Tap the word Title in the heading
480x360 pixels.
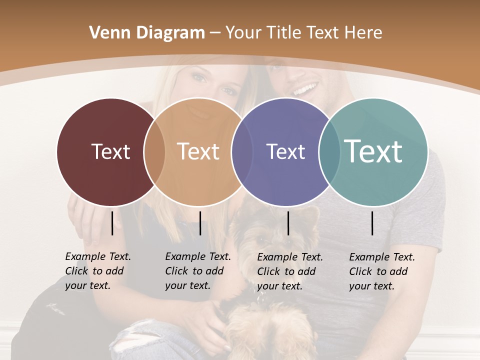click(x=284, y=33)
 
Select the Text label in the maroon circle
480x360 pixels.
click(x=110, y=151)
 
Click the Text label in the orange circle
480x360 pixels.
click(x=198, y=151)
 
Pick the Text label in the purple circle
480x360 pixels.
click(x=285, y=151)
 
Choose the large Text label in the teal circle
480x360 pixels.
click(x=373, y=151)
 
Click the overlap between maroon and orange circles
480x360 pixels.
click(x=154, y=152)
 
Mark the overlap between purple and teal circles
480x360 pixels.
click(x=329, y=152)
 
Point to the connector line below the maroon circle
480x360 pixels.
click(x=112, y=223)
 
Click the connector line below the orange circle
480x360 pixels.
click(x=200, y=223)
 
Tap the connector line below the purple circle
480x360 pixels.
click(x=288, y=223)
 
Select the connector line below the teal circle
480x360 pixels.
click(x=372, y=223)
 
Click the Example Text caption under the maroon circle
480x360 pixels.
click(x=98, y=271)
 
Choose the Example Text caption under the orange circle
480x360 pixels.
click(x=198, y=271)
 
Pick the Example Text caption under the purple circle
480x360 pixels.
click(x=290, y=271)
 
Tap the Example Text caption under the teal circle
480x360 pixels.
click(x=382, y=271)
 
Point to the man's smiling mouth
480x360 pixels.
click(x=305, y=90)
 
